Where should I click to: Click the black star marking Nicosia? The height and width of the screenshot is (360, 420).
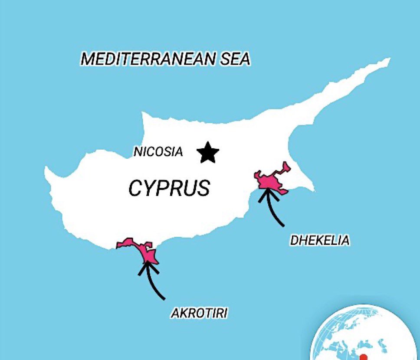[x=208, y=153]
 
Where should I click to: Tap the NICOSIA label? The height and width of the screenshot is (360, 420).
[x=158, y=152]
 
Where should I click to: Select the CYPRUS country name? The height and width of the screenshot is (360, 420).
[x=169, y=188]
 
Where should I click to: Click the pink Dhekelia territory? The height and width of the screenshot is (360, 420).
[x=270, y=182]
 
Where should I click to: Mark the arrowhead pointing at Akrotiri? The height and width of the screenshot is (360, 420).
[x=147, y=266]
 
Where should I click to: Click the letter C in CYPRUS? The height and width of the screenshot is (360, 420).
[x=135, y=189]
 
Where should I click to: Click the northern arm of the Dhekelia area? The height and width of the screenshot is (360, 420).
[x=285, y=167]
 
